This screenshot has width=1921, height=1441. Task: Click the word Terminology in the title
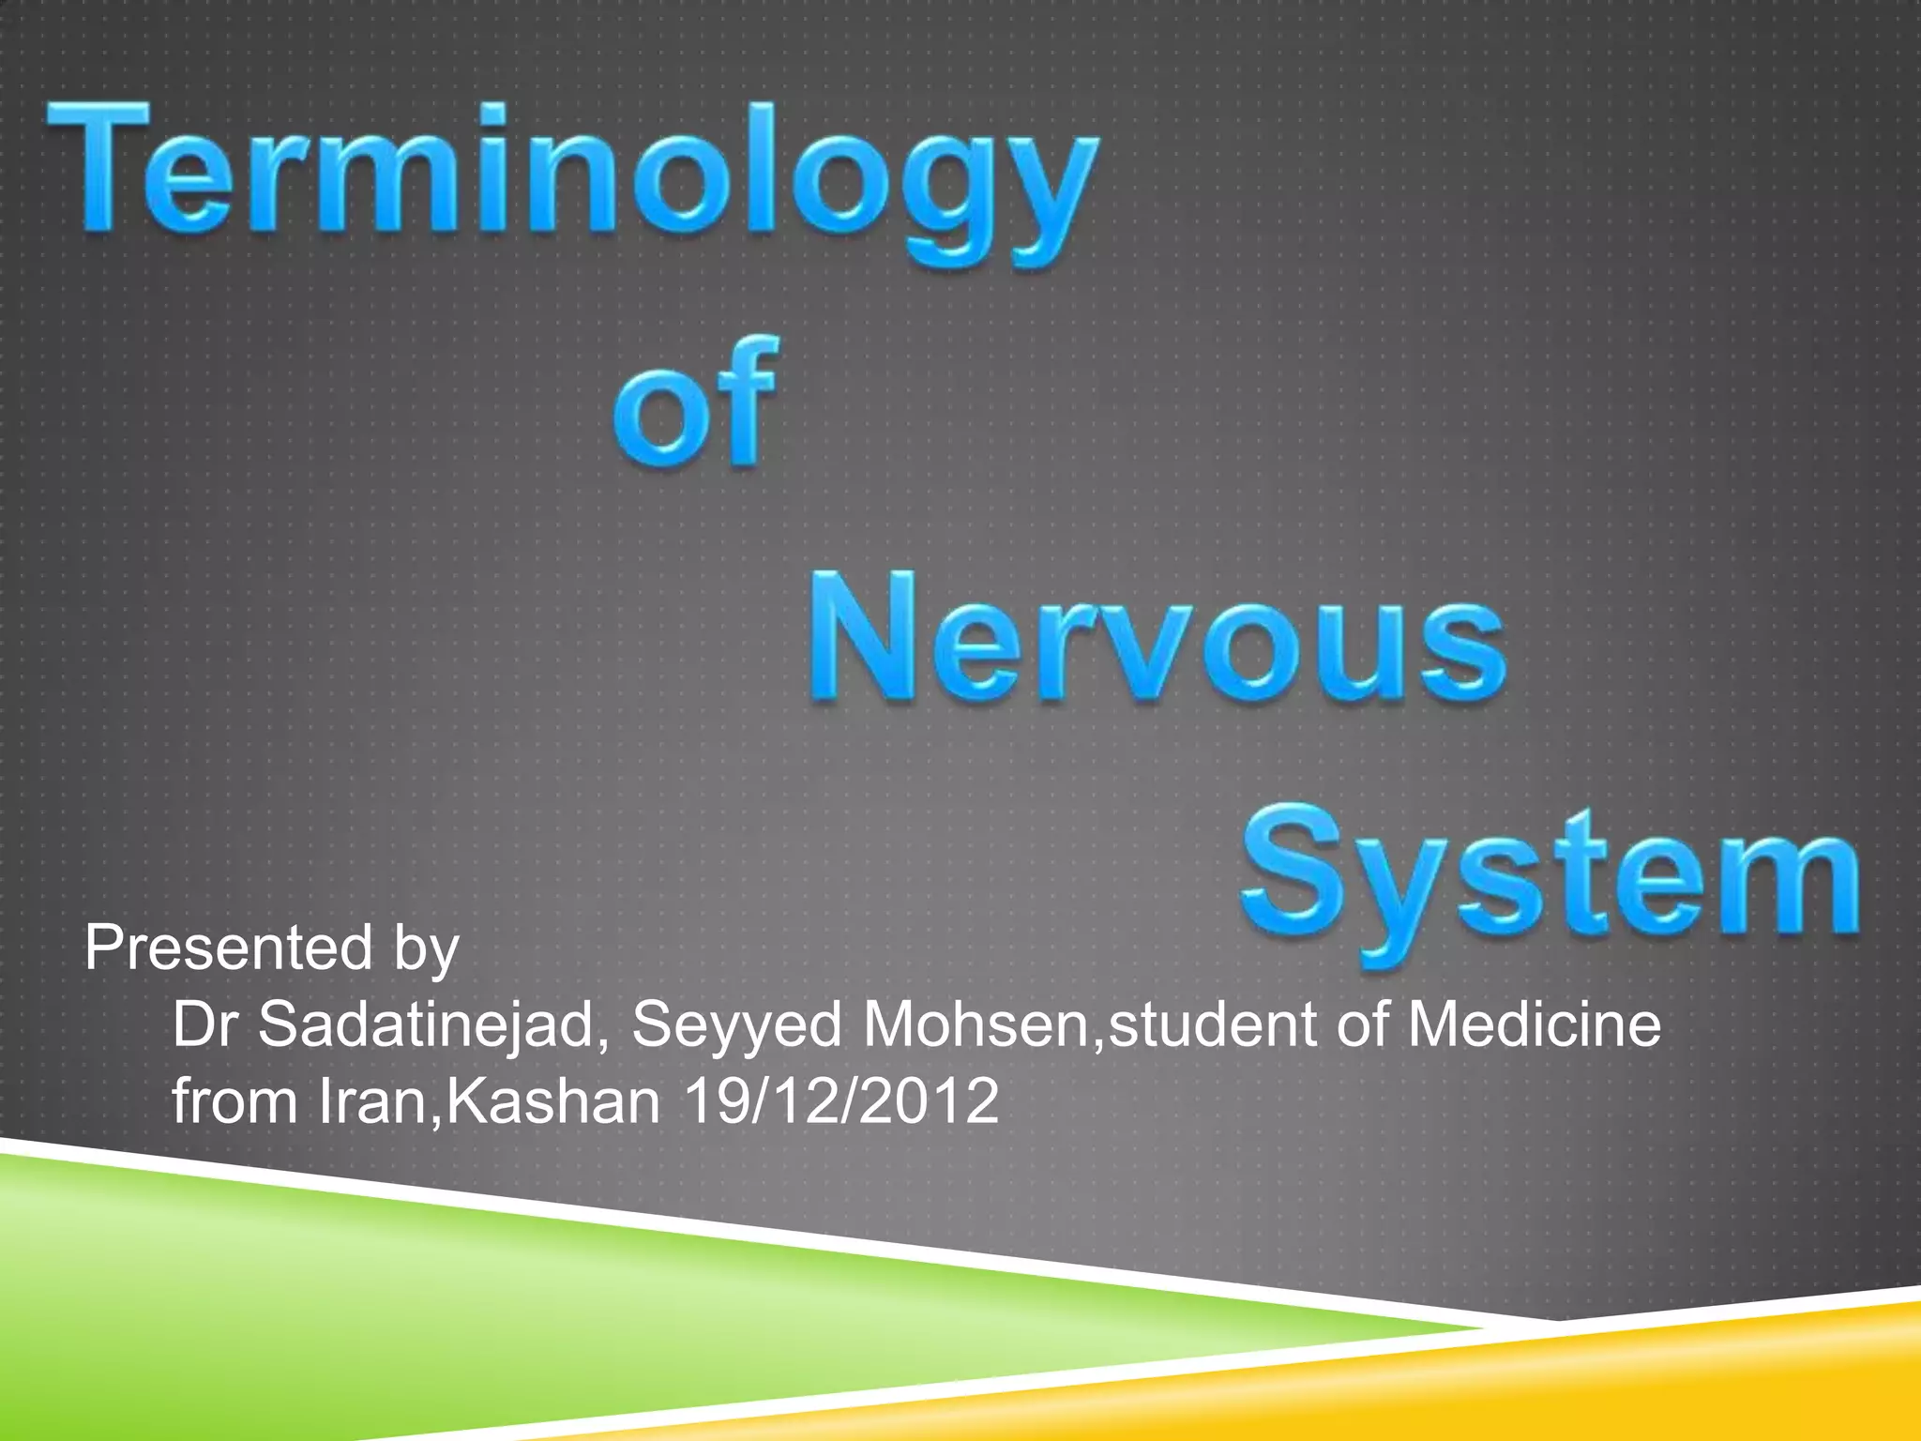point(572,178)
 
